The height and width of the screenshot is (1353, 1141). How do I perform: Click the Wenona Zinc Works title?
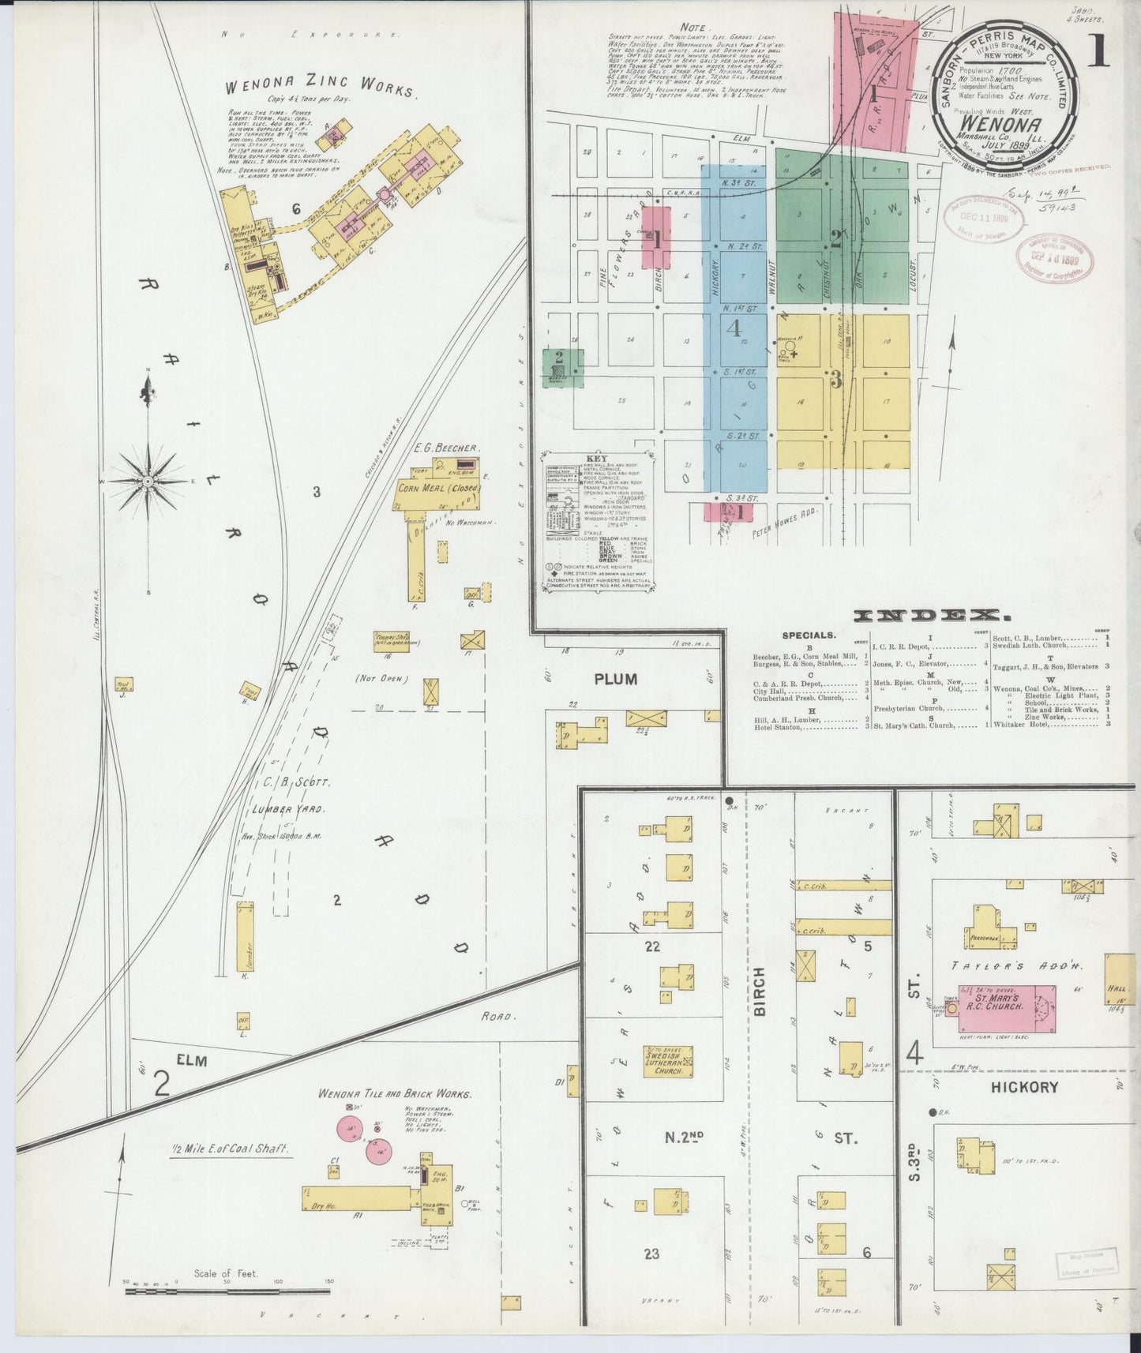click(320, 89)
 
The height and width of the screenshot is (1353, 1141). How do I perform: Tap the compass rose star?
click(148, 479)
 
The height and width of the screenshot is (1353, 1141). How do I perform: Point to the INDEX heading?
click(933, 616)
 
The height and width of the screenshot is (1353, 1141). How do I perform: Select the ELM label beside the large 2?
click(192, 1061)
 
